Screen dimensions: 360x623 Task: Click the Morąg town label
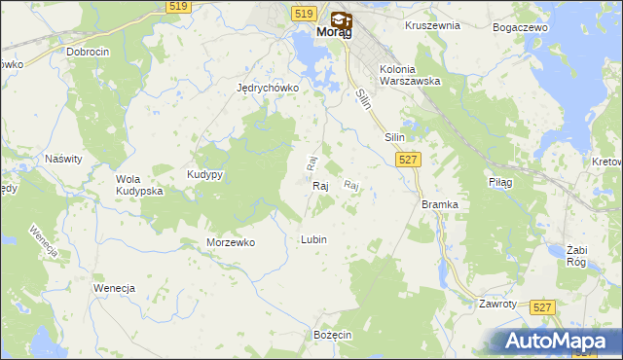tap(331, 31)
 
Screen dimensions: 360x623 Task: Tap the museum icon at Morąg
tap(341, 18)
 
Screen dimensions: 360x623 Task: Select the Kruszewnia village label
tap(432, 25)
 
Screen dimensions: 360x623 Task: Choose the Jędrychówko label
tap(267, 87)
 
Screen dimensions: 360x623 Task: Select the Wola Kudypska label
tap(139, 185)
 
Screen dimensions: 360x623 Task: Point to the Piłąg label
tap(499, 182)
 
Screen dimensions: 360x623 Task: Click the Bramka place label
tap(439, 204)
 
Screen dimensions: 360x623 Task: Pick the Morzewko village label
tap(231, 242)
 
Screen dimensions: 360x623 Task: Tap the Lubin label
tap(313, 239)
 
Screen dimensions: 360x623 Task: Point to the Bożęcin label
tap(332, 334)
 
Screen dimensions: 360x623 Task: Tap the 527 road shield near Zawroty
tap(544, 306)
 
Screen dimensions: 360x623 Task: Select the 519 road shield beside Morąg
tap(303, 13)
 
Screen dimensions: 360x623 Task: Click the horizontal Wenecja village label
tap(113, 289)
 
